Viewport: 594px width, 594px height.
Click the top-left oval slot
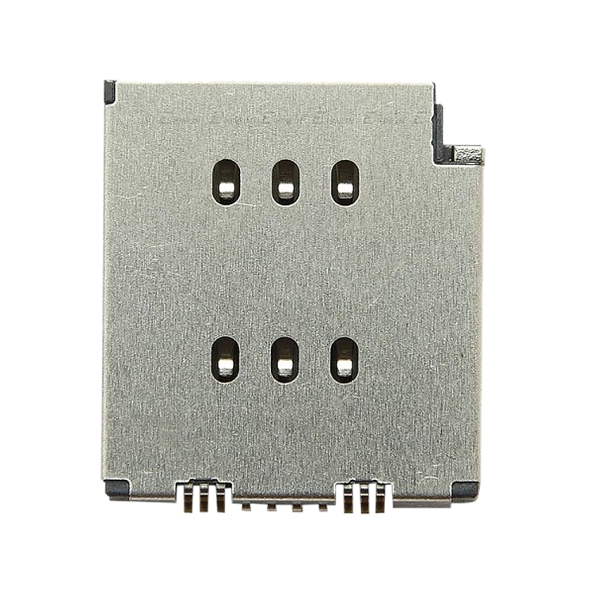coord(227,182)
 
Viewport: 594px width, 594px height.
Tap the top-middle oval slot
coord(285,182)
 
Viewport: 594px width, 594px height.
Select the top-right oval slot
coord(345,182)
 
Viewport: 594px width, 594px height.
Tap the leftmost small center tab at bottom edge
coord(247,505)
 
